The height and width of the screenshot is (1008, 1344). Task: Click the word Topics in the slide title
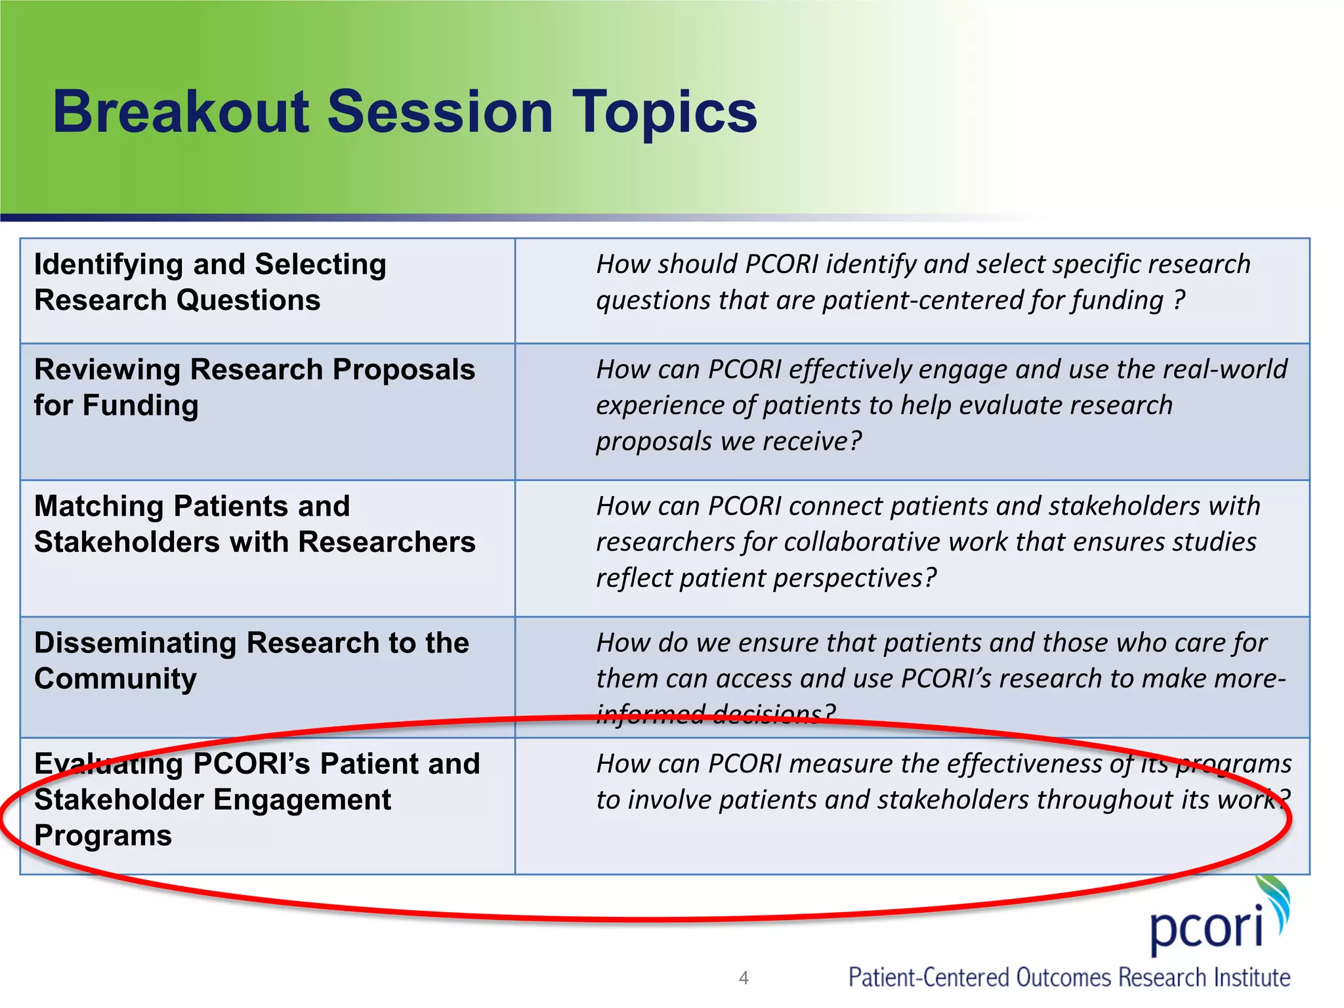pos(664,113)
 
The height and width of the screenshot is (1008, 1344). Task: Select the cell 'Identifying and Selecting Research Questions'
pos(210,282)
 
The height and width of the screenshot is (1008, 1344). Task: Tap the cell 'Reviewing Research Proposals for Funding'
pos(255,387)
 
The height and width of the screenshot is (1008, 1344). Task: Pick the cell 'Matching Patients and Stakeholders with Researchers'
pos(255,524)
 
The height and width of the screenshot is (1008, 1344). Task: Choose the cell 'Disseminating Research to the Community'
pos(251,660)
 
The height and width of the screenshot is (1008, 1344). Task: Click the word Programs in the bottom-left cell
pos(103,835)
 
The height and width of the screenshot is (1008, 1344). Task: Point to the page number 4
pos(743,978)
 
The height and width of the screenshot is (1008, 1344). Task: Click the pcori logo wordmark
pos(1206,929)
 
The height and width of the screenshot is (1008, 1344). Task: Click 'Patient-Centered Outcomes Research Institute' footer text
pos(1069,977)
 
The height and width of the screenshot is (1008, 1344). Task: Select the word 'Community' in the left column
pos(115,679)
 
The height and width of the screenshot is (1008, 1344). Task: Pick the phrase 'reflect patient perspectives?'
pos(766,578)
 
